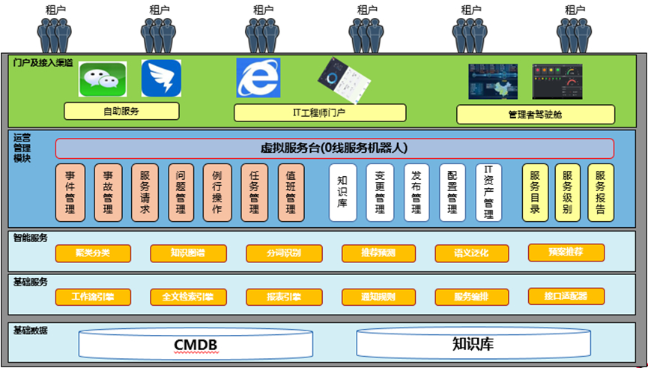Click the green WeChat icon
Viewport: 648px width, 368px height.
(x=103, y=79)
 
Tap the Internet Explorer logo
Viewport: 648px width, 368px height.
(x=258, y=78)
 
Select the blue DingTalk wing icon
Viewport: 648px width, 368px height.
(x=161, y=79)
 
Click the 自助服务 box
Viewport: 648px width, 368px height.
(x=121, y=112)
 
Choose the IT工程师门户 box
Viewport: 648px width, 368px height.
(x=320, y=113)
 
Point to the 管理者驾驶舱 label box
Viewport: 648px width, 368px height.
(x=536, y=115)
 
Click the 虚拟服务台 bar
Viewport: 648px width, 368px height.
(x=334, y=148)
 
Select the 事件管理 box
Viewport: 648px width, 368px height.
(x=70, y=193)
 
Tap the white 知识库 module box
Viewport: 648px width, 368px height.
(x=342, y=193)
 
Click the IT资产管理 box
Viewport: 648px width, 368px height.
(x=489, y=193)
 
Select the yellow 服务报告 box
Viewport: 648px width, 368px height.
(x=601, y=192)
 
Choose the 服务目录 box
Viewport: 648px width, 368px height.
(x=536, y=192)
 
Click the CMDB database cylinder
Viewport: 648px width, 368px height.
(x=196, y=345)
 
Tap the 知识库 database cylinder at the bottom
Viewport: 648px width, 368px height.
(x=472, y=345)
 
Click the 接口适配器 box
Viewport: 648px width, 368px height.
(x=566, y=296)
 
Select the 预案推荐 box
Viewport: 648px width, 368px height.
(x=566, y=252)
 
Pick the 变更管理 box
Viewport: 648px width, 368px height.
(x=380, y=193)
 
